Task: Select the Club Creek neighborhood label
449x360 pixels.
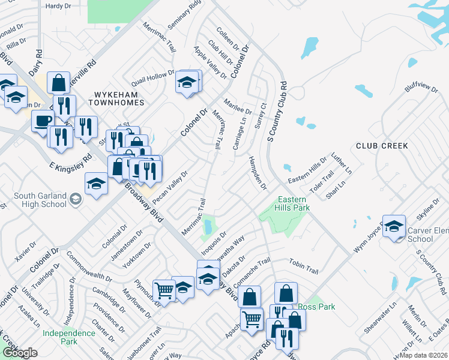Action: pos(382,146)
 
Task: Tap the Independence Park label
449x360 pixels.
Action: pos(60,337)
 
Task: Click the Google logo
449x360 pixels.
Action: pos(20,353)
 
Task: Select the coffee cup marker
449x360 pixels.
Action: pos(42,120)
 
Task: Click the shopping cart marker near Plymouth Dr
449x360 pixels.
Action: pos(163,290)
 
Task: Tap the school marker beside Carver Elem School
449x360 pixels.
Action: pos(394,226)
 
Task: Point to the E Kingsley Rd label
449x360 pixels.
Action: pos(71,160)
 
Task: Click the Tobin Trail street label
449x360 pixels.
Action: pos(303,267)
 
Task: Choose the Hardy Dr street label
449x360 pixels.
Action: pos(58,6)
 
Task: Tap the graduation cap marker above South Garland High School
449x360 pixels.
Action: pos(96,184)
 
